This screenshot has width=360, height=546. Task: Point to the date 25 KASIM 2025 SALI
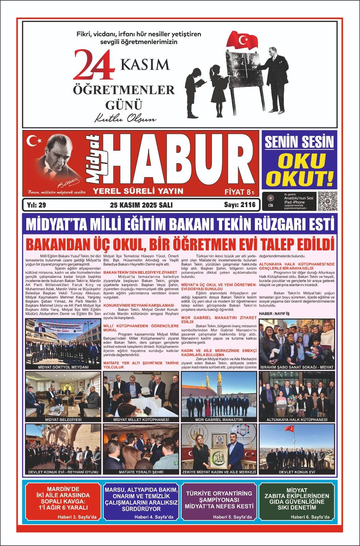(x=141, y=205)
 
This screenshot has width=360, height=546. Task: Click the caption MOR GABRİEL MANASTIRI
(x=219, y=419)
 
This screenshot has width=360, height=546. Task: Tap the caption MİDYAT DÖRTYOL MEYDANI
(x=63, y=367)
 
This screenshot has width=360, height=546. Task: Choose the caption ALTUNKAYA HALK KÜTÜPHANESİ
(x=297, y=419)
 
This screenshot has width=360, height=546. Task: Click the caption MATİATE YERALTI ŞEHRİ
(x=141, y=472)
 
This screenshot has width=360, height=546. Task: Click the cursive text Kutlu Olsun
(x=125, y=119)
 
